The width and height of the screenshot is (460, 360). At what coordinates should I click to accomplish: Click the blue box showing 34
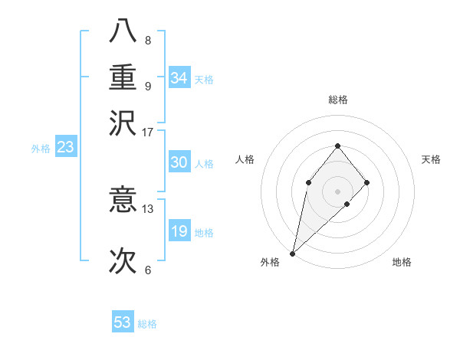click(x=179, y=78)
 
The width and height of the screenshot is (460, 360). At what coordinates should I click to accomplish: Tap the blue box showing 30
click(x=179, y=162)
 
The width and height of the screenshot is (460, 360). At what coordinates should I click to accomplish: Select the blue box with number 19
click(x=179, y=231)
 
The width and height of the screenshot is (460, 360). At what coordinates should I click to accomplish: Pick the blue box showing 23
click(x=64, y=148)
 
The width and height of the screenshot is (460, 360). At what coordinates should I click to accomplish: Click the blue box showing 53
click(x=123, y=322)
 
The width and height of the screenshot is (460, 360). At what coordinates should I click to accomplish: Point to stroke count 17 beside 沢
click(x=147, y=132)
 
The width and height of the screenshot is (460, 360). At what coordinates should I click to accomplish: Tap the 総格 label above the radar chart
click(x=337, y=100)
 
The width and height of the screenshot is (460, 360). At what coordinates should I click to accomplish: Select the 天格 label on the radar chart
click(x=431, y=159)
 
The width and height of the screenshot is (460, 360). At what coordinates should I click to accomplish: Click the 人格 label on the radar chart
click(x=245, y=159)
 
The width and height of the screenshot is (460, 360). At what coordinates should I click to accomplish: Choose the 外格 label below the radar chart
click(x=270, y=263)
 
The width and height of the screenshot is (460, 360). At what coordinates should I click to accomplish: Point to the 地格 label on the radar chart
click(x=402, y=263)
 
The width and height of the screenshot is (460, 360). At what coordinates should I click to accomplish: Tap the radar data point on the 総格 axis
click(x=337, y=146)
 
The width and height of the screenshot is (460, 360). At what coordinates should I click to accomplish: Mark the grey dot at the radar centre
click(x=337, y=191)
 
